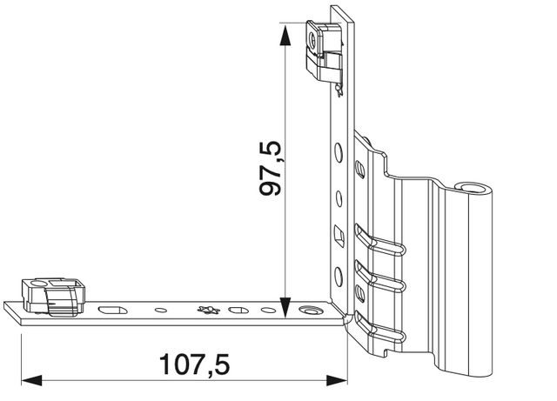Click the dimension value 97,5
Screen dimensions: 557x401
point(271,169)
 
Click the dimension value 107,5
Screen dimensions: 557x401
point(195,364)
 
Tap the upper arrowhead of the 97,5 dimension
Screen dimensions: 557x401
point(285,36)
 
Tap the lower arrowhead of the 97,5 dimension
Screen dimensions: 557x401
point(285,308)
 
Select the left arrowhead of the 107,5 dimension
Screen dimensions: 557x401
point(31,380)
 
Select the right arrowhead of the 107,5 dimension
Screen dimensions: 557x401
point(337,380)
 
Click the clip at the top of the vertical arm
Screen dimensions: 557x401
point(324,50)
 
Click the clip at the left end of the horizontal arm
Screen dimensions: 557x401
point(53,297)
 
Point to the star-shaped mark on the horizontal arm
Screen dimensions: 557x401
point(209,310)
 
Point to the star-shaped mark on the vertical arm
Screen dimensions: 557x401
point(339,90)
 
